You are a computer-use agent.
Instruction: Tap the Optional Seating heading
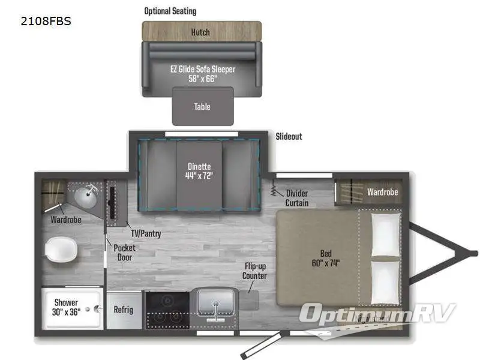(170, 11)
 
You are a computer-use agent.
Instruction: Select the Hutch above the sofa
(201, 32)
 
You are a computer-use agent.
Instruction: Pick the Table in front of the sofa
(202, 107)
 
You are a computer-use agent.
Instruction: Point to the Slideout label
(289, 137)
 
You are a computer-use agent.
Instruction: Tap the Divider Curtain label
(297, 198)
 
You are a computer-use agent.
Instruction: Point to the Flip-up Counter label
(255, 271)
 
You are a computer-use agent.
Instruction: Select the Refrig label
(124, 310)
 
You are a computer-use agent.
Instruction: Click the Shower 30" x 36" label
(66, 307)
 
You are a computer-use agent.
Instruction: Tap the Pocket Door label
(124, 253)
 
